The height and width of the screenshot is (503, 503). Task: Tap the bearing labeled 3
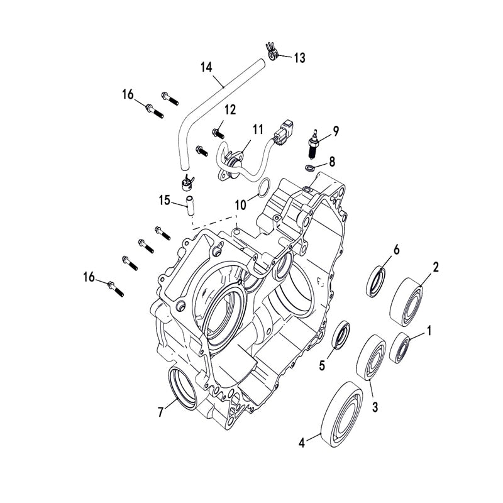click(x=371, y=358)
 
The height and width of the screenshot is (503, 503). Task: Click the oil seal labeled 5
click(x=341, y=334)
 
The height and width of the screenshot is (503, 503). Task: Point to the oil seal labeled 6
click(x=376, y=280)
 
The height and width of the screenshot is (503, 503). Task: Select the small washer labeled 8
click(x=309, y=169)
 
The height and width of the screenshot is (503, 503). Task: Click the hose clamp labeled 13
click(x=272, y=52)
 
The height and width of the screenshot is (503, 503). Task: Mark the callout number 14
click(x=206, y=67)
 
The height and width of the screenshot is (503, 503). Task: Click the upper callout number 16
click(x=128, y=95)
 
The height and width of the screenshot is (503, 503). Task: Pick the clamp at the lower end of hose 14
click(x=186, y=182)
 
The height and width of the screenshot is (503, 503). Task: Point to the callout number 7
click(x=162, y=412)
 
